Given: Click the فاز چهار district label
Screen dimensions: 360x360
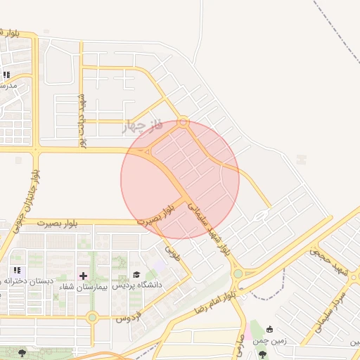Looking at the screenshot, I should pyautogui.click(x=143, y=126).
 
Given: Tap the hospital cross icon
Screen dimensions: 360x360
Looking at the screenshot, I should pyautogui.click(x=84, y=275).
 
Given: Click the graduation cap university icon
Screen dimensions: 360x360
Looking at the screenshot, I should pyautogui.click(x=136, y=274).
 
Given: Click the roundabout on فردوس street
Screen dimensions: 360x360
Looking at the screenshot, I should pyautogui.click(x=92, y=318).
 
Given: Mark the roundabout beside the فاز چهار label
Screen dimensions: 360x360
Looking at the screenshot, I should pyautogui.click(x=183, y=122).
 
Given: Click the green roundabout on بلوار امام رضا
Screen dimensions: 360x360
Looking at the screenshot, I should pyautogui.click(x=238, y=274).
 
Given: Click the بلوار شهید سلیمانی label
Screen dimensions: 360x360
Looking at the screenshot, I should pyautogui.click(x=209, y=226).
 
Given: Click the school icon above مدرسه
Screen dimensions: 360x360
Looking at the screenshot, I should pyautogui.click(x=7, y=75).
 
